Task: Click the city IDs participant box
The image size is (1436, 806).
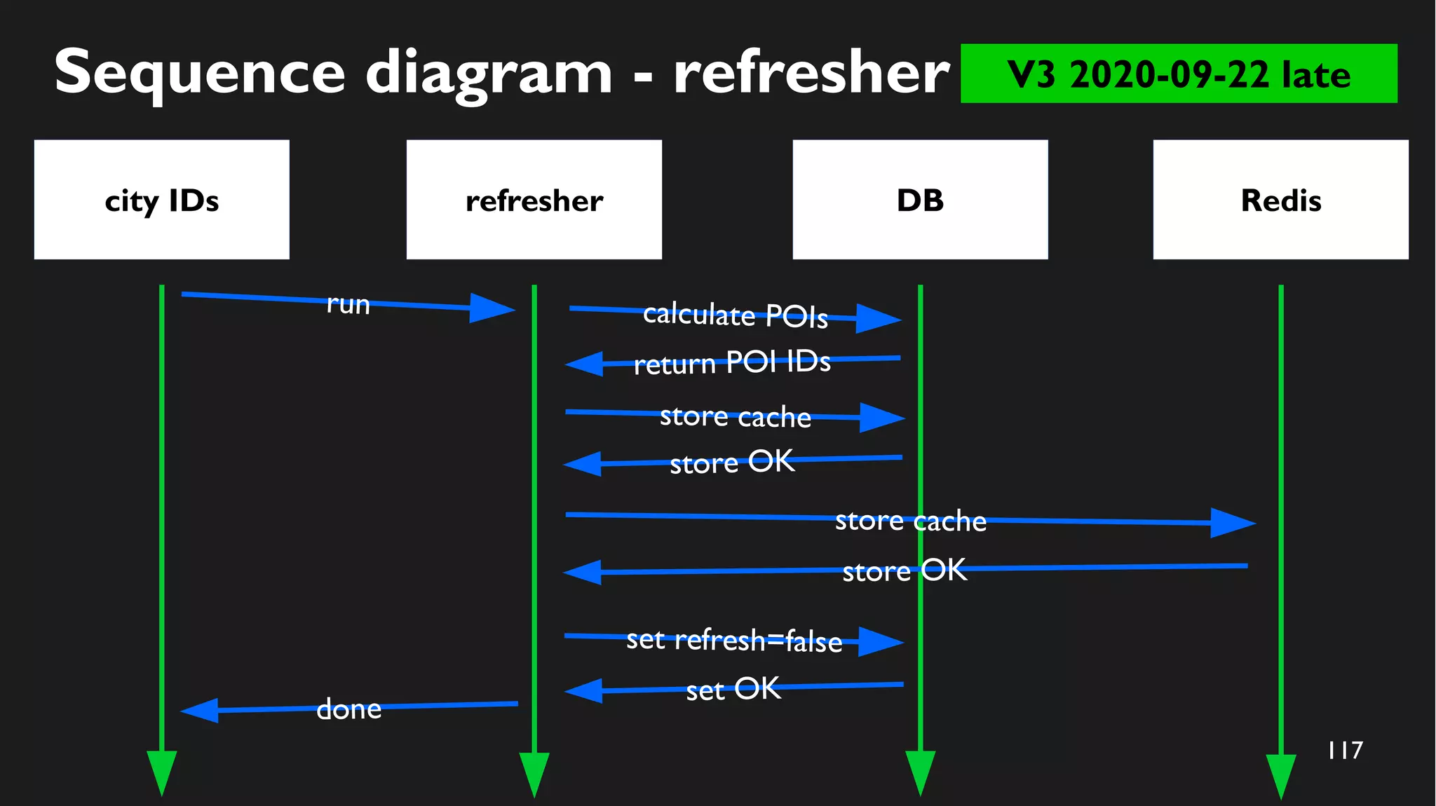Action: pyautogui.click(x=161, y=200)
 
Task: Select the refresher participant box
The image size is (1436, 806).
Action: pyautogui.click(x=534, y=200)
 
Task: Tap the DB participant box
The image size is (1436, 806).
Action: pyautogui.click(x=920, y=200)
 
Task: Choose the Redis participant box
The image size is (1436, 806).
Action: pyautogui.click(x=1280, y=200)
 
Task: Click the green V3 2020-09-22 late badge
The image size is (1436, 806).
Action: pyautogui.click(x=1178, y=74)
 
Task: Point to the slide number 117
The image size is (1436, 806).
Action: pyautogui.click(x=1345, y=750)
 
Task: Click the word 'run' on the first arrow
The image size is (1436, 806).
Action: pyautogui.click(x=348, y=304)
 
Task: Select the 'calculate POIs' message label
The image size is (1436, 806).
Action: pyautogui.click(x=735, y=315)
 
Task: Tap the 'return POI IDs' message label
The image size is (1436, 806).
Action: pyautogui.click(x=731, y=362)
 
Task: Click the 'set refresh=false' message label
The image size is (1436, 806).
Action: pyautogui.click(x=733, y=640)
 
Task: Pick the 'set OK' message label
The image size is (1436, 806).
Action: pyautogui.click(x=733, y=689)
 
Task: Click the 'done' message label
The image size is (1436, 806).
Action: pyautogui.click(x=348, y=709)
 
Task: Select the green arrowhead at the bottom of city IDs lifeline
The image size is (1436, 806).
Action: pyautogui.click(x=161, y=771)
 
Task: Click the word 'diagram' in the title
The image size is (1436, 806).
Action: pyautogui.click(x=489, y=73)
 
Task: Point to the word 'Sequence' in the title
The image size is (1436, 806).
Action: pyautogui.click(x=199, y=73)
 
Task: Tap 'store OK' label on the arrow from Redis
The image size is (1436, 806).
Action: pyautogui.click(x=905, y=571)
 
